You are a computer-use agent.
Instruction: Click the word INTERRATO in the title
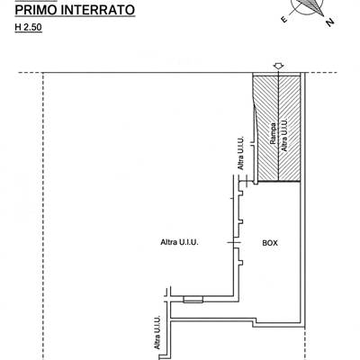tap(97, 10)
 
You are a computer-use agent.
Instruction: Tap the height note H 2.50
tap(28, 27)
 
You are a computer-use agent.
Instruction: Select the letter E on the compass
tap(283, 19)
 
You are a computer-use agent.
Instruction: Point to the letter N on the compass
tap(329, 22)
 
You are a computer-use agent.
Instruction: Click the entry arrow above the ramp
tap(279, 67)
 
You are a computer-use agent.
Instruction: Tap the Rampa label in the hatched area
tap(273, 133)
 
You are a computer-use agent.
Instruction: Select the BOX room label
tap(270, 243)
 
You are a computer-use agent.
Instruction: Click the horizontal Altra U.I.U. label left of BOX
tap(179, 242)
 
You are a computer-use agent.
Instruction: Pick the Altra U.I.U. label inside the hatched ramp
tap(283, 135)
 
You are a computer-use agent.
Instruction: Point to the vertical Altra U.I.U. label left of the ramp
tap(241, 154)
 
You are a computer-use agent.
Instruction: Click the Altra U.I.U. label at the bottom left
tap(157, 332)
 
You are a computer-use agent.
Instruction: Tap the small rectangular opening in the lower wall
tap(193, 299)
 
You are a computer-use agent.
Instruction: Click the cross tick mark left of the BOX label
tap(234, 242)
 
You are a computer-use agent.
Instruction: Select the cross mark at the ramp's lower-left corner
tap(246, 181)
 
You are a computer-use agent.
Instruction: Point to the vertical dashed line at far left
tap(43, 216)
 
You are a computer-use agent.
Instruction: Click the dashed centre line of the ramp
tap(279, 127)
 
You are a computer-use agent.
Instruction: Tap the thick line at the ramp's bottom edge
tap(279, 181)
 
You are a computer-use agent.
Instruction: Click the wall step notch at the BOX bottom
tap(255, 322)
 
